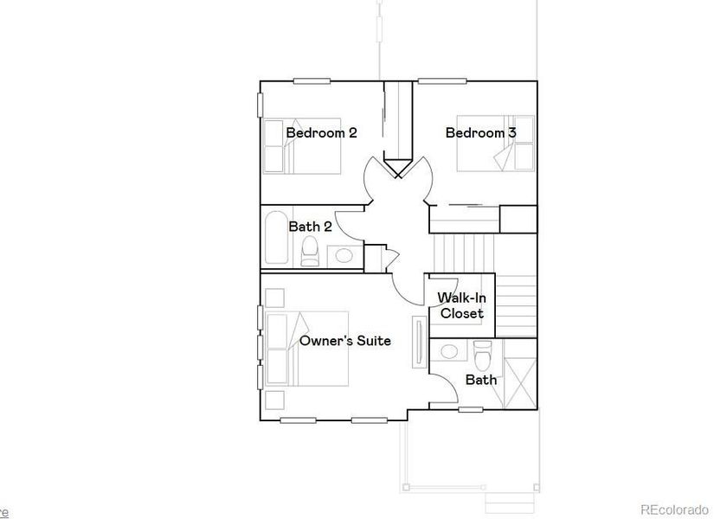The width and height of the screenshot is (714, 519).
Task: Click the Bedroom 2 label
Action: (321, 133)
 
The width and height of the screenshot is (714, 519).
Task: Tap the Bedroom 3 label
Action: (480, 133)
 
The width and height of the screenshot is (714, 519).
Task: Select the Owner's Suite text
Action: (344, 341)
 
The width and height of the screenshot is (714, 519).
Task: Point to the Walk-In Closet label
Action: (460, 305)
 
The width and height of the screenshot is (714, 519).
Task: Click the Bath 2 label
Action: (310, 227)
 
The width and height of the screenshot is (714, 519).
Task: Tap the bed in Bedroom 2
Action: (302, 145)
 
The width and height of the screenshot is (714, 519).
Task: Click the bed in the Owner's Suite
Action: (308, 349)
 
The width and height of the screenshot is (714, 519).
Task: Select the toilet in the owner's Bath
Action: (483, 353)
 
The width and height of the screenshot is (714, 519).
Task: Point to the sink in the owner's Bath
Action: (449, 351)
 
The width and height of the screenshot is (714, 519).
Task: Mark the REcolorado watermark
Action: (673, 509)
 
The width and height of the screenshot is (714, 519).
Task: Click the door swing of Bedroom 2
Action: (377, 180)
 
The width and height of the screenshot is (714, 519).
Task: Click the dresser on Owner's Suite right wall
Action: (420, 341)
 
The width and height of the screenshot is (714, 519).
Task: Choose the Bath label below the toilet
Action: (480, 380)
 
